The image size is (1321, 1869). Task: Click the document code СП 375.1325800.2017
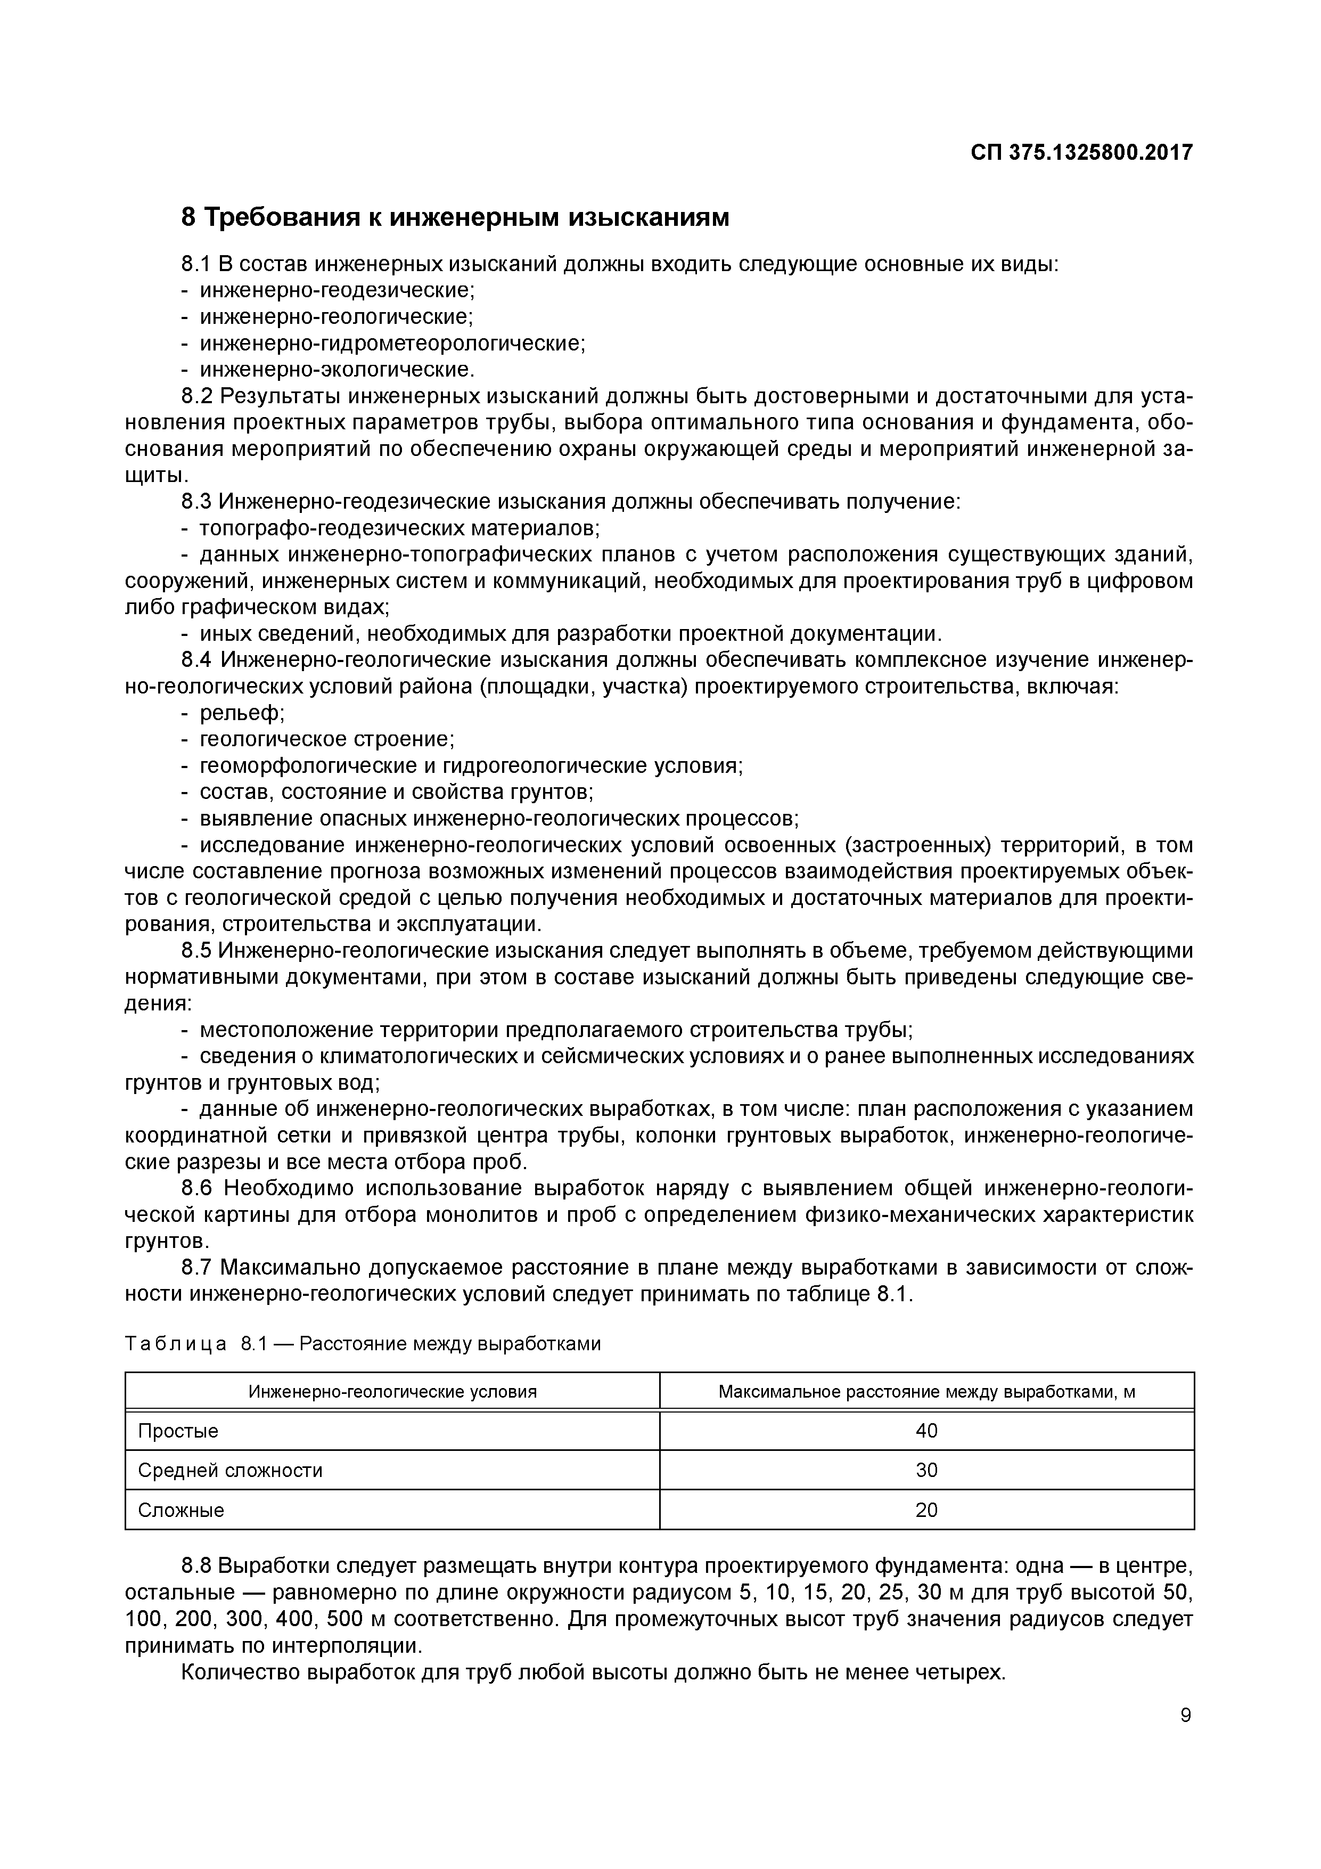point(1081,152)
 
